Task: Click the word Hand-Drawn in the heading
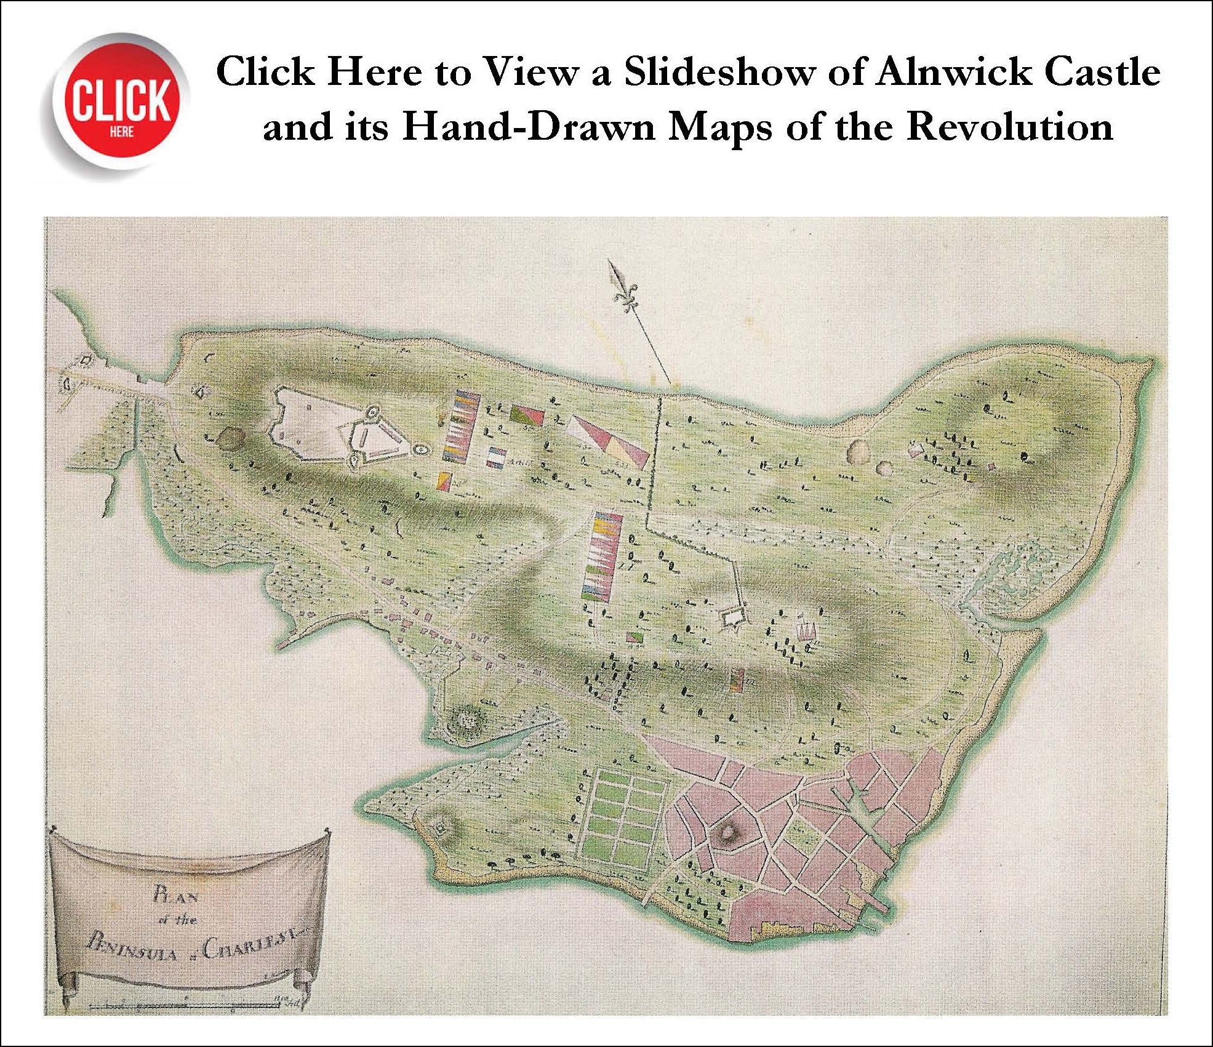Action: (529, 127)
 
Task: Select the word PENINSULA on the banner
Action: (132, 951)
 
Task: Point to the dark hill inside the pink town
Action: (730, 832)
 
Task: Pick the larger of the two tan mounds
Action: (857, 452)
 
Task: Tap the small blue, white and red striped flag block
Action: (495, 457)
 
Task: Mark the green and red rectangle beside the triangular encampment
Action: (527, 415)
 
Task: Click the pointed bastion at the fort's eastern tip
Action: (420, 450)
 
